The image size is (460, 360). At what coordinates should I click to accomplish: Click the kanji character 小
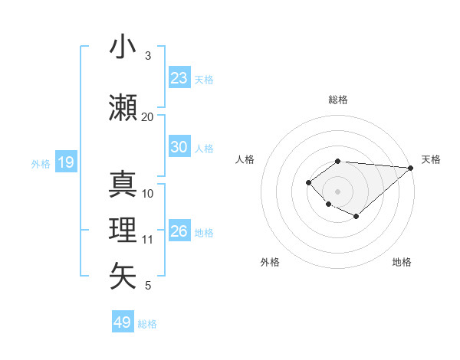pyautogui.click(x=123, y=47)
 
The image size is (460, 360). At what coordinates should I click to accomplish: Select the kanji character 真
pyautogui.click(x=123, y=185)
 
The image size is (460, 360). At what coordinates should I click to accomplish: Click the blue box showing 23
pyautogui.click(x=179, y=77)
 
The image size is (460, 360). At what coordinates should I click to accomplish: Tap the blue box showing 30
pyautogui.click(x=179, y=147)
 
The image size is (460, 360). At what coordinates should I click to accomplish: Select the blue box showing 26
pyautogui.click(x=179, y=231)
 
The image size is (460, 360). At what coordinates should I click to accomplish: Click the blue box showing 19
pyautogui.click(x=65, y=162)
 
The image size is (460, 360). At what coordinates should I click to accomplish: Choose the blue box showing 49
pyautogui.click(x=123, y=322)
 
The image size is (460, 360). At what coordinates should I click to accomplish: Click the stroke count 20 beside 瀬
pyautogui.click(x=147, y=116)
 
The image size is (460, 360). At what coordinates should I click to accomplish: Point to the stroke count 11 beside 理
pyautogui.click(x=147, y=240)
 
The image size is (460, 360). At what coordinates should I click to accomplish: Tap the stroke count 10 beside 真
pyautogui.click(x=147, y=194)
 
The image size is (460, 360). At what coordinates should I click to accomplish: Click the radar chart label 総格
pyautogui.click(x=337, y=100)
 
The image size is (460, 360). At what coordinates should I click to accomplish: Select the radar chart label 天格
pyautogui.click(x=431, y=159)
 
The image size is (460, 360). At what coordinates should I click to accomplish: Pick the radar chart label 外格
pyautogui.click(x=270, y=262)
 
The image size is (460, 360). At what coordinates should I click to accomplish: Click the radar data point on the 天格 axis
pyautogui.click(x=411, y=168)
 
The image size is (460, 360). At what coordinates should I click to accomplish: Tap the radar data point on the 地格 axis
pyautogui.click(x=356, y=218)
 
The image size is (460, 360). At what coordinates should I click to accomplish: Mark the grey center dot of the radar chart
pyautogui.click(x=337, y=191)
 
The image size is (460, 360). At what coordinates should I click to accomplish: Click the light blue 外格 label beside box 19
pyautogui.click(x=40, y=163)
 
